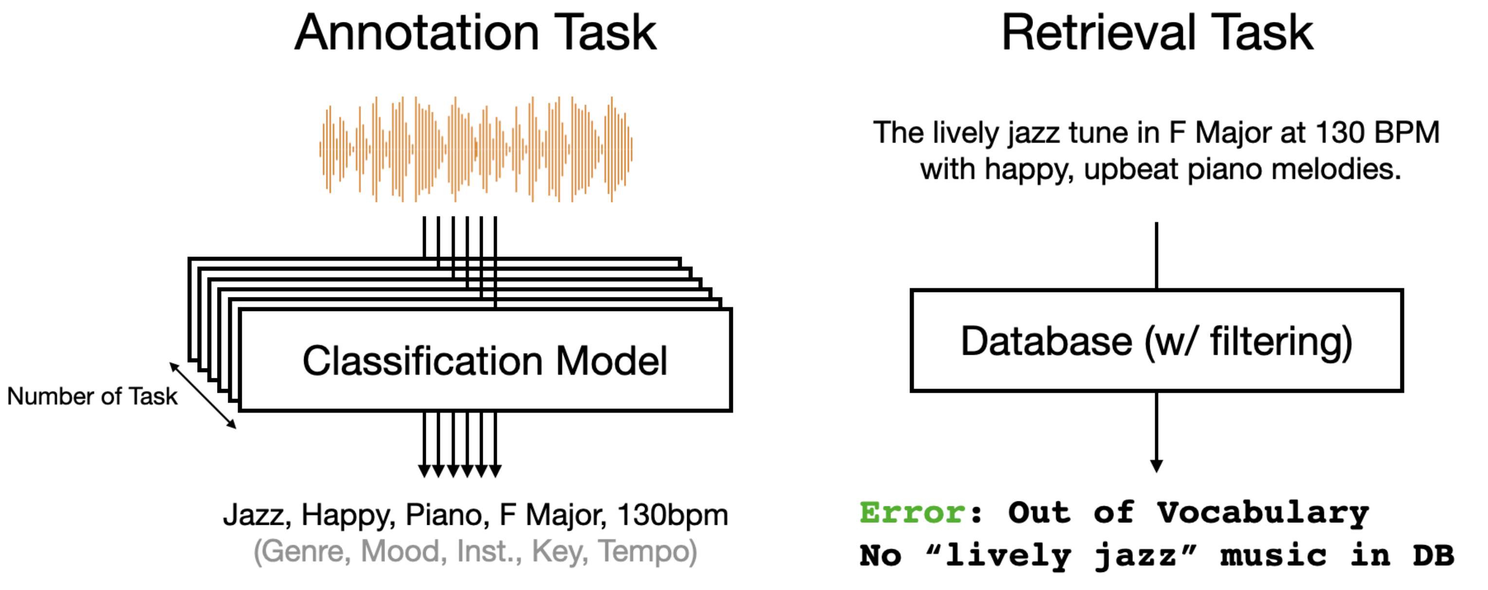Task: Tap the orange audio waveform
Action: [476, 149]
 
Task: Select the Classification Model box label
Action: [485, 361]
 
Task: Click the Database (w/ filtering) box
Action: [1157, 341]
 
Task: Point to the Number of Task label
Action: [92, 396]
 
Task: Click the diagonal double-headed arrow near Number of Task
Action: [203, 396]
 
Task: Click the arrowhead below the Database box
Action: [1157, 466]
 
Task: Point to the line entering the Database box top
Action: [1157, 256]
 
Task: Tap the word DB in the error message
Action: [1434, 555]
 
